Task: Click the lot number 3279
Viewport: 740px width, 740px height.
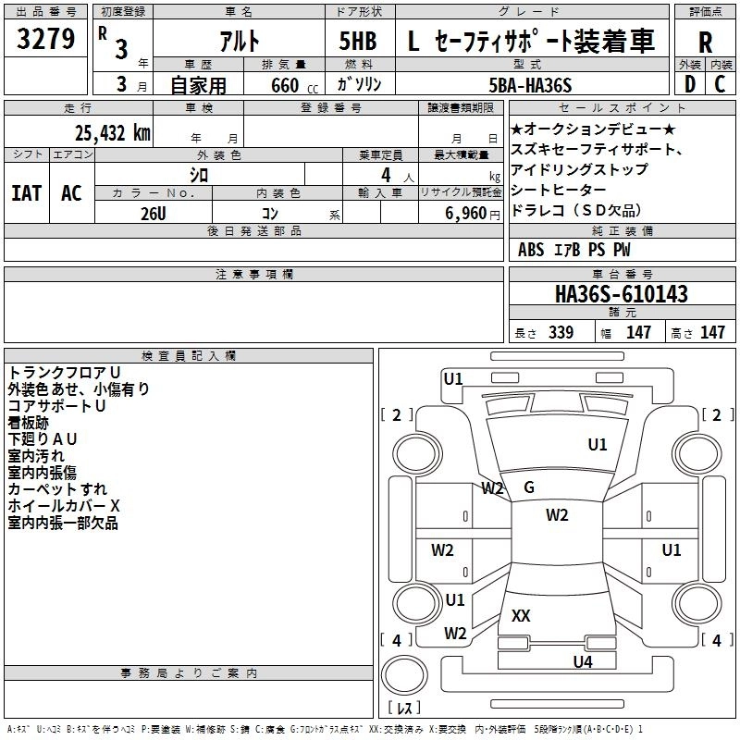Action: point(46,40)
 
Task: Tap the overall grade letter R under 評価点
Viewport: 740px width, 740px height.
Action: point(705,42)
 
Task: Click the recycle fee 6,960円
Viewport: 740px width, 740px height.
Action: point(462,214)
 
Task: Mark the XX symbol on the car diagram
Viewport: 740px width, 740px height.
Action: point(521,615)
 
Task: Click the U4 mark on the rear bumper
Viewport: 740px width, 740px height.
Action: point(582,661)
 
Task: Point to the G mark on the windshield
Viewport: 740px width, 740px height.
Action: point(529,487)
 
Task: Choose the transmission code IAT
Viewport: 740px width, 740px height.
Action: point(26,193)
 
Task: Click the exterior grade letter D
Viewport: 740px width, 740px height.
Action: point(689,85)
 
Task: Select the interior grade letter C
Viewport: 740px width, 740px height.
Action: point(721,85)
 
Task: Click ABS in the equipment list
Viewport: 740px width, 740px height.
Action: point(531,250)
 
